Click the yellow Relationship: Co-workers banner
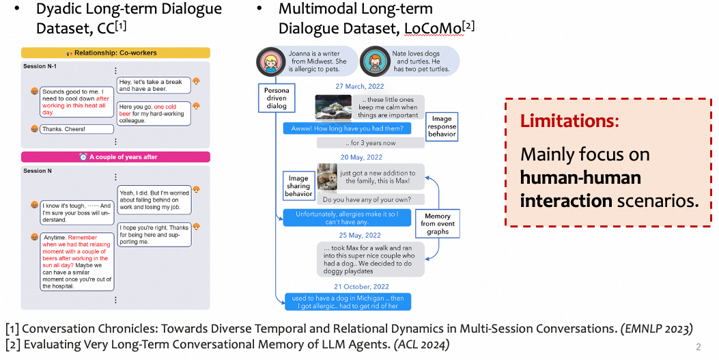(x=115, y=53)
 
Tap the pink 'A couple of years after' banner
(x=115, y=156)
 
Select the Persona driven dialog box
(x=277, y=98)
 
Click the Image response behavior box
(x=442, y=126)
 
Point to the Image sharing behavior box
(x=298, y=186)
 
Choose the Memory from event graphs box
(x=438, y=224)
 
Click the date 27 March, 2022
(x=359, y=87)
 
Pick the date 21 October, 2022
(x=359, y=286)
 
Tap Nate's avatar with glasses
(x=372, y=61)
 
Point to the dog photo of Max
(x=328, y=177)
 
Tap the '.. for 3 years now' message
(x=370, y=143)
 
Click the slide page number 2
(x=698, y=346)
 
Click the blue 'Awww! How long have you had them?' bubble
(x=347, y=128)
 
